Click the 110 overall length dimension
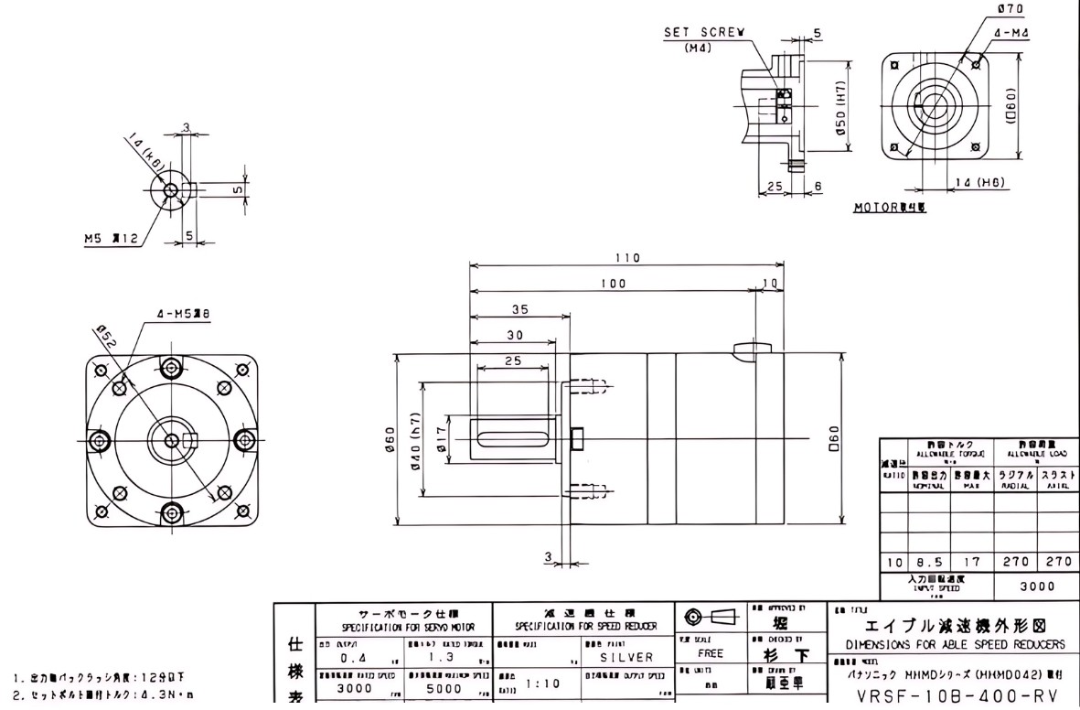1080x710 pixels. tap(627, 258)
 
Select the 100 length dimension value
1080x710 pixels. tap(613, 285)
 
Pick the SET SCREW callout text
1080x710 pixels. tap(703, 31)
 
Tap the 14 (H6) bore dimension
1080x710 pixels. tap(980, 182)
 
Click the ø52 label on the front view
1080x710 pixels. tap(106, 339)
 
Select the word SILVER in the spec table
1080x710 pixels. tap(626, 657)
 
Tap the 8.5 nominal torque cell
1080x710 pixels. tap(927, 561)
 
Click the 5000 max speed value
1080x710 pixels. tap(443, 687)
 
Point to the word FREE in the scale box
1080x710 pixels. tap(711, 654)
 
